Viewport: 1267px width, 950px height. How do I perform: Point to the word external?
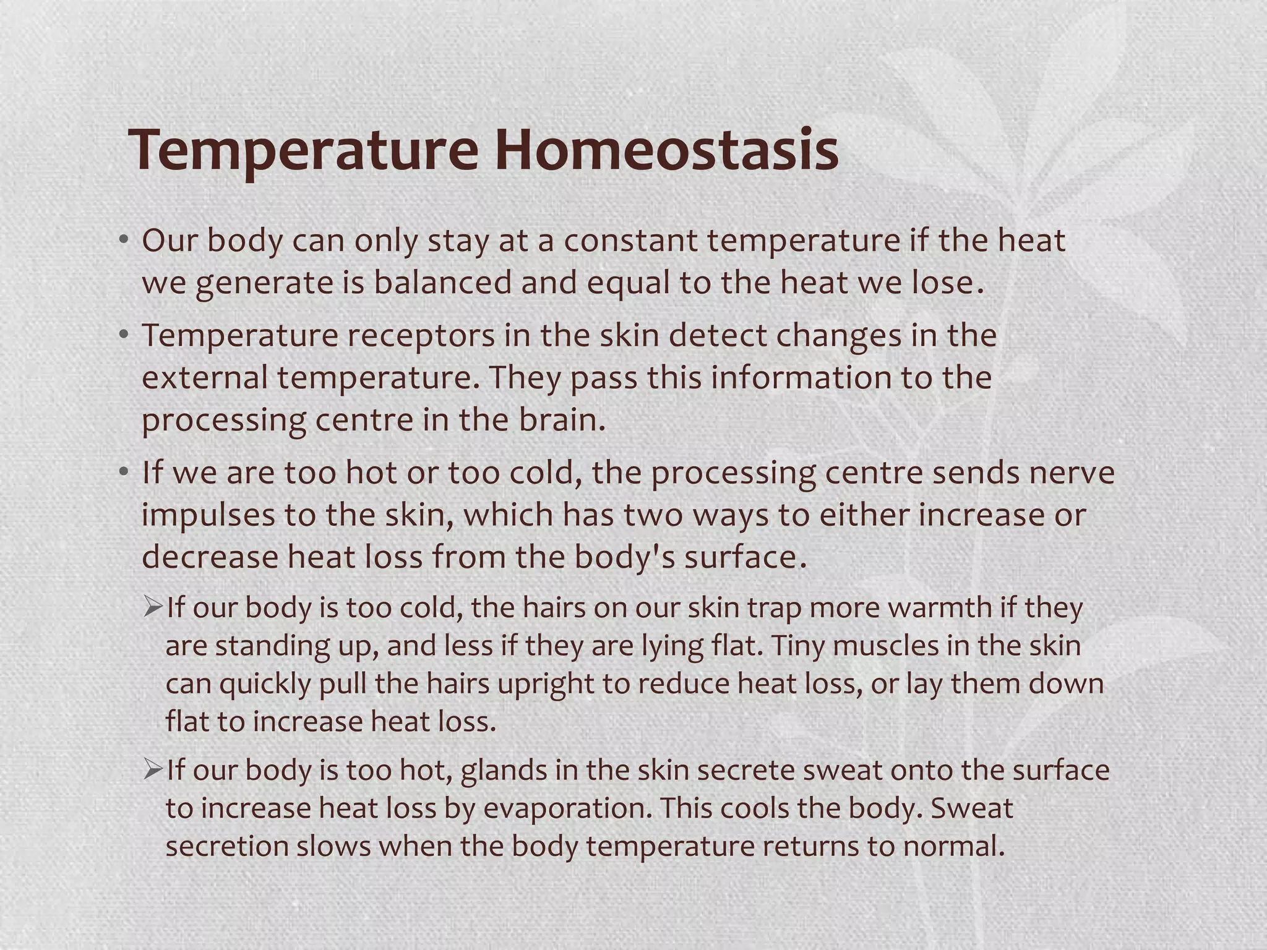point(204,378)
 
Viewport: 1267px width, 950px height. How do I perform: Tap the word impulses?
point(208,515)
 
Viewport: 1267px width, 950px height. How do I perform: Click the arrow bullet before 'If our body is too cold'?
point(152,607)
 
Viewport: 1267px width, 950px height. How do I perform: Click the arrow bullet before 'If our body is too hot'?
point(152,769)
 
